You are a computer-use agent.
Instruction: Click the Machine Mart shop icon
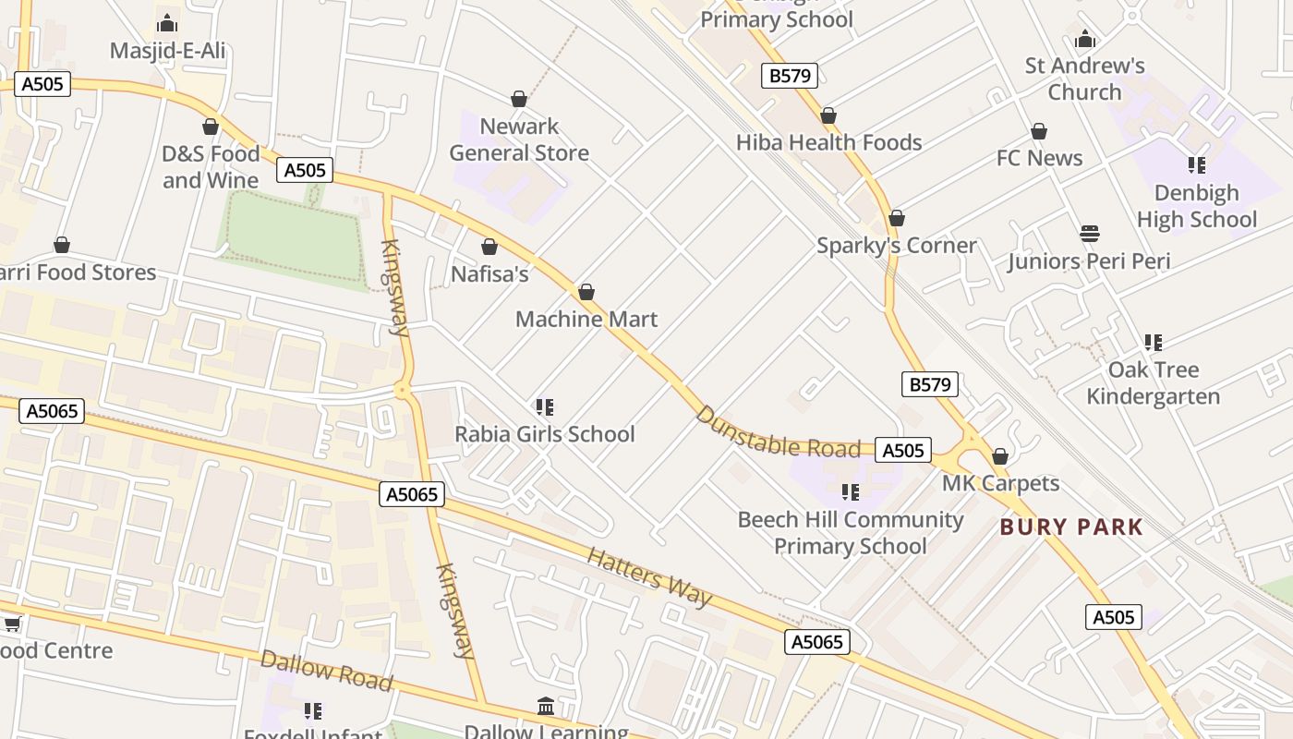(586, 293)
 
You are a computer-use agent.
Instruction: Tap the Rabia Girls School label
(545, 434)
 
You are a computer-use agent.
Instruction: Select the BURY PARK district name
(1072, 527)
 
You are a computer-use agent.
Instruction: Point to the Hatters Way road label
(649, 577)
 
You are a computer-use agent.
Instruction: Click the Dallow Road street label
(326, 670)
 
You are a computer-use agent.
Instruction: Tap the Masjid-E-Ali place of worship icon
(167, 23)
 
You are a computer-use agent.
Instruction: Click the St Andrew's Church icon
(1085, 39)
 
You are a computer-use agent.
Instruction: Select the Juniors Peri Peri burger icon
(1090, 234)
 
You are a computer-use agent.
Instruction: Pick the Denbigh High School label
(1197, 206)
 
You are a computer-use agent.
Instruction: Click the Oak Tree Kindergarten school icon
(1153, 343)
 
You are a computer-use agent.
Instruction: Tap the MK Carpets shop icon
(1000, 456)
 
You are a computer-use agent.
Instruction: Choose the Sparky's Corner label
(897, 246)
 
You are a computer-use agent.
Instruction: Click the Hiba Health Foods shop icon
(828, 115)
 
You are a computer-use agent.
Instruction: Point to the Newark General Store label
(519, 139)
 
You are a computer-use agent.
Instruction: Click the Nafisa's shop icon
(489, 247)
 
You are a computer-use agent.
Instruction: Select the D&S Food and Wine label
(211, 167)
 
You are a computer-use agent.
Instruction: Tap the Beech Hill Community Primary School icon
(850, 492)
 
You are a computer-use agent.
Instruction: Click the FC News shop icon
(1039, 131)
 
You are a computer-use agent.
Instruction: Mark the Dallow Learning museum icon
(546, 707)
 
